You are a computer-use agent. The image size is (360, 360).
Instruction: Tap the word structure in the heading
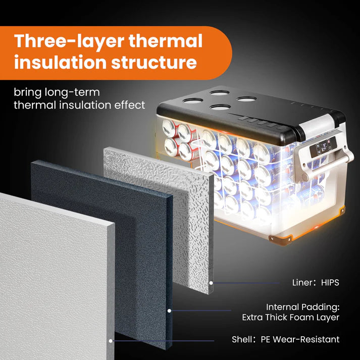click(x=154, y=62)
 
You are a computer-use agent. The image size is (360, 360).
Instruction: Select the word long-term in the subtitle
click(x=72, y=93)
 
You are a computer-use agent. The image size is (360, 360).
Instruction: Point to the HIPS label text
click(x=330, y=283)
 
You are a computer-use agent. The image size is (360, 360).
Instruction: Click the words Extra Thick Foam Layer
click(x=291, y=318)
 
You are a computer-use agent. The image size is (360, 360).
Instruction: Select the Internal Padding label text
click(x=302, y=307)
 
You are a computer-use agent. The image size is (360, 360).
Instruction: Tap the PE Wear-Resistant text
click(x=300, y=339)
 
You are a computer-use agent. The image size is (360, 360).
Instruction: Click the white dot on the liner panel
click(x=211, y=283)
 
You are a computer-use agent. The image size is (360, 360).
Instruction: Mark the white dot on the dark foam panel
click(x=169, y=311)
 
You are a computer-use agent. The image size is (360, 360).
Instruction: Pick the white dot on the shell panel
click(x=111, y=341)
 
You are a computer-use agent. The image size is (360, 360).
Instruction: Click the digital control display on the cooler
click(x=323, y=147)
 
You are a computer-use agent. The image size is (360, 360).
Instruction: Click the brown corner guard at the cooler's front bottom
click(x=281, y=240)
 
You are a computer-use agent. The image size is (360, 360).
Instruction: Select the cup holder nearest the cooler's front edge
click(x=220, y=107)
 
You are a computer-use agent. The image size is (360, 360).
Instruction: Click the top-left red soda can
click(x=169, y=128)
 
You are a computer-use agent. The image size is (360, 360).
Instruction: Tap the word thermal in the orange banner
click(x=165, y=41)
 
